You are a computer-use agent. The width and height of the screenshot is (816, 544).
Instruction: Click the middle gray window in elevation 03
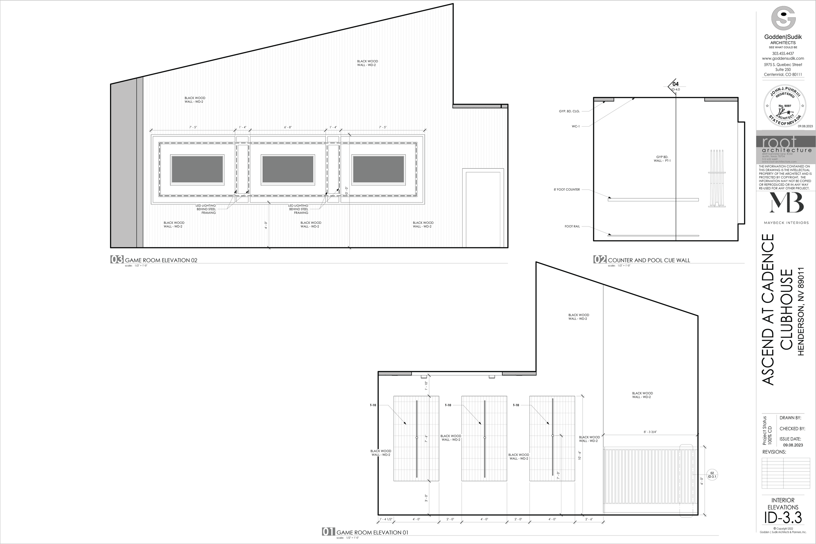click(288, 169)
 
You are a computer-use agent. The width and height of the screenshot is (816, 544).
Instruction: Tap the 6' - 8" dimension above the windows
click(288, 127)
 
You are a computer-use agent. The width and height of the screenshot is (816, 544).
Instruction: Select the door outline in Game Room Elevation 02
click(483, 208)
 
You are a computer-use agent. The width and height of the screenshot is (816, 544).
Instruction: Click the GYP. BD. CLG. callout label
click(569, 111)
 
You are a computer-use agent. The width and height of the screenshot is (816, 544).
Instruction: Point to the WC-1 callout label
click(575, 127)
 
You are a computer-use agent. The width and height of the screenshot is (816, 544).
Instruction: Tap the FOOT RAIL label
click(572, 226)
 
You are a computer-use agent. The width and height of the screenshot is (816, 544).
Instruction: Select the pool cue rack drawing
click(716, 178)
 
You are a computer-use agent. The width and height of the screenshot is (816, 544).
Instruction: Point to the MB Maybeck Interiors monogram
click(786, 203)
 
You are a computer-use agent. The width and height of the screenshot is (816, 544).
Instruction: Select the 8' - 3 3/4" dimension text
click(650, 432)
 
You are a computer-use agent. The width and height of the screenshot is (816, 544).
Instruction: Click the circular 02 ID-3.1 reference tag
click(712, 474)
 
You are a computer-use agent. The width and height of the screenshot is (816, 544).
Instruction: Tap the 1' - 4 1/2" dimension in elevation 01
click(385, 529)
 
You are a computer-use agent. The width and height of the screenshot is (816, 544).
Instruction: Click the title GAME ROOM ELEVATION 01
click(372, 533)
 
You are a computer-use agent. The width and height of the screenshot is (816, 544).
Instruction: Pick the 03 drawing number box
click(117, 259)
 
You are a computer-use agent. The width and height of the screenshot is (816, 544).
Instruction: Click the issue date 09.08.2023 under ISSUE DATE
click(793, 445)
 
